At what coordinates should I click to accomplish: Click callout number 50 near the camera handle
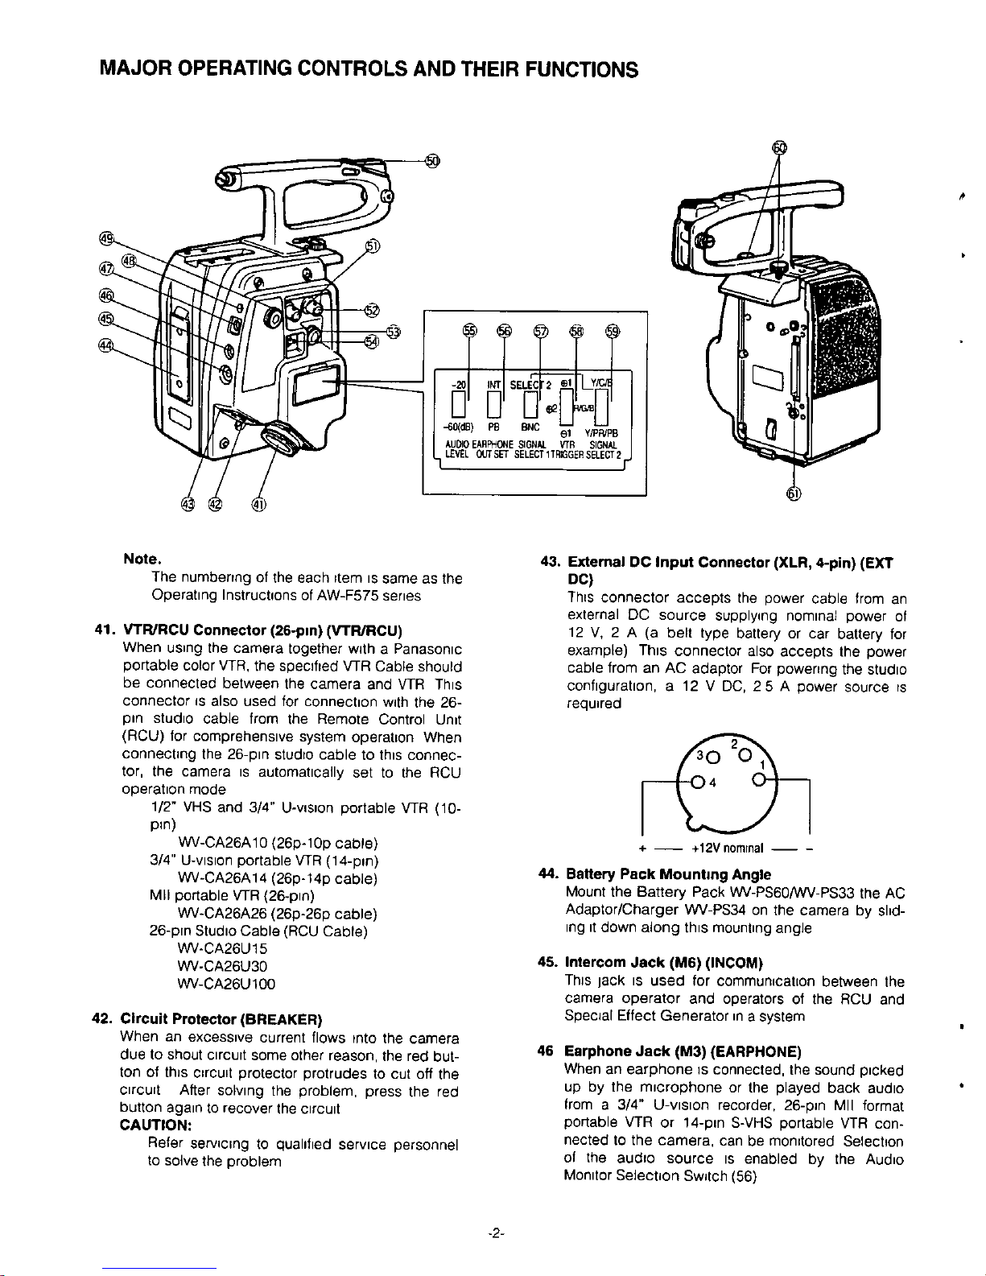pyautogui.click(x=432, y=161)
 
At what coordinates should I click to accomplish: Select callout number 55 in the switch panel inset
pyautogui.click(x=469, y=332)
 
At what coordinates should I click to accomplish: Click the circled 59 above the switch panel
pyautogui.click(x=613, y=332)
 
